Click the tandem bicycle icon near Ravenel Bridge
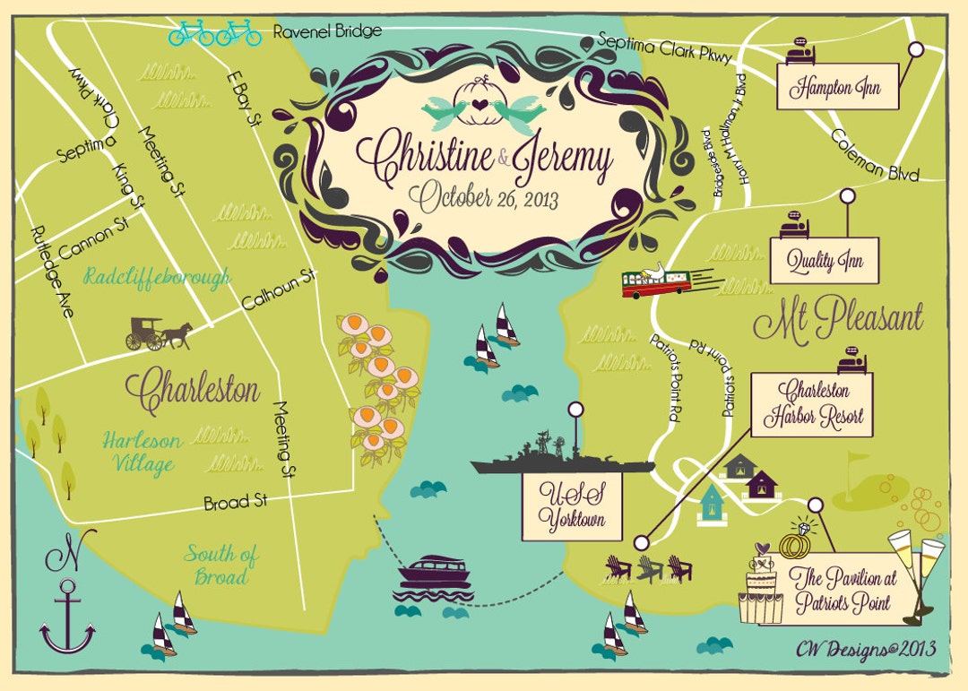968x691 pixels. click(x=214, y=33)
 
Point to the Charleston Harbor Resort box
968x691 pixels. click(x=813, y=405)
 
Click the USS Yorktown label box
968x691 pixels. click(x=572, y=506)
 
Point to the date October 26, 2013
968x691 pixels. click(x=469, y=199)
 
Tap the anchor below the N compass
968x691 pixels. click(x=67, y=618)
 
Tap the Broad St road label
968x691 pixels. click(x=235, y=503)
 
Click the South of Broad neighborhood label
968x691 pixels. click(x=220, y=565)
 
